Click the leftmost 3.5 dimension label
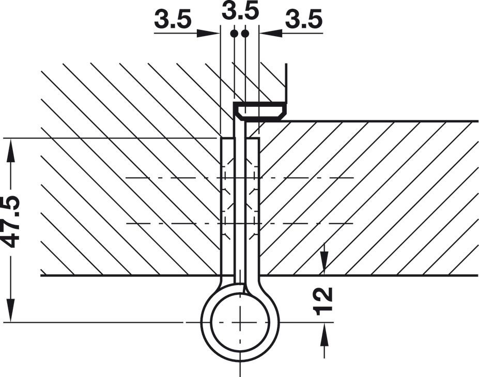[173, 19]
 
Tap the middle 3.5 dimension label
[240, 11]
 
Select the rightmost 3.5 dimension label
[304, 19]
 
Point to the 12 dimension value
[323, 301]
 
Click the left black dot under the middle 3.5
[234, 33]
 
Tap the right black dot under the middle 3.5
[245, 33]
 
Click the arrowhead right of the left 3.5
[208, 33]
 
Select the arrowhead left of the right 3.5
[271, 33]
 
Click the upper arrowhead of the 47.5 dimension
[11, 150]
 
